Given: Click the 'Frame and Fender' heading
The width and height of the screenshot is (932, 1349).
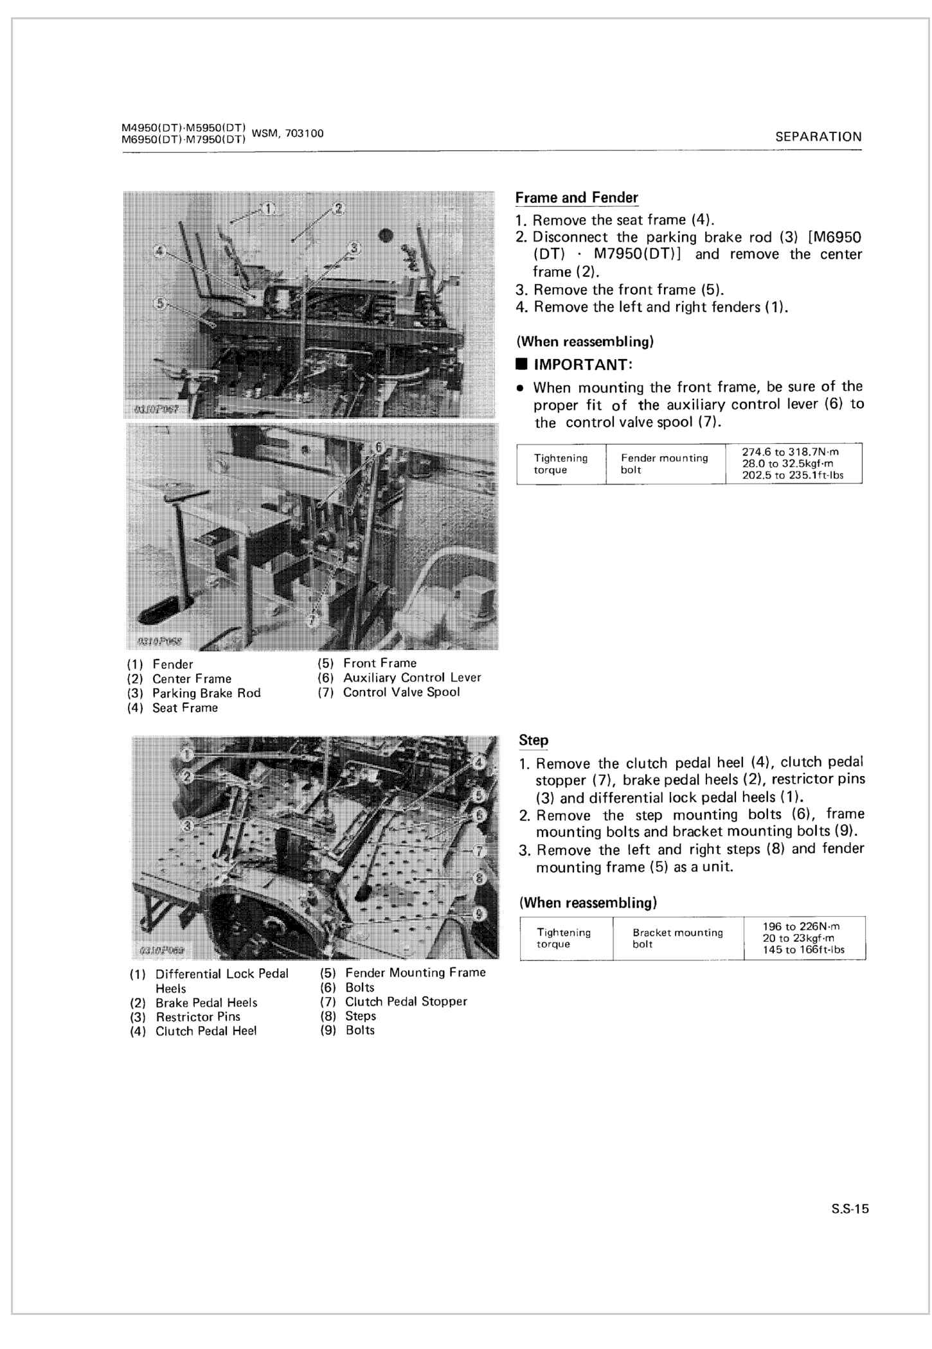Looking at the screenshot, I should (x=577, y=198).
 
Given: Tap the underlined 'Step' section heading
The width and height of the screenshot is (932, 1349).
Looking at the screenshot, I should (x=533, y=740).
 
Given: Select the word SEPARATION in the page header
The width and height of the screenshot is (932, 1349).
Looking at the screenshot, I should (x=818, y=137).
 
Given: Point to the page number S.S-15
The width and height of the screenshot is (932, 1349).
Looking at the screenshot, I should (x=849, y=1208).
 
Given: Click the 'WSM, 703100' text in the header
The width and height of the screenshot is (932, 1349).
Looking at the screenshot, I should (x=288, y=134).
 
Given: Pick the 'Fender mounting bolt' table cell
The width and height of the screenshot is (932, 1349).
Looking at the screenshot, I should (x=664, y=464).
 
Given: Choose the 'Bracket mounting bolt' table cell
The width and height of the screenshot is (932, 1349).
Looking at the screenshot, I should (x=677, y=938).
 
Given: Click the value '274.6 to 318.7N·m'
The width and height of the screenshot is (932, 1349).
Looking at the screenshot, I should (x=790, y=452).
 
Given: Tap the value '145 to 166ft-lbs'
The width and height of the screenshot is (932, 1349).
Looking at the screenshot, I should (x=803, y=949).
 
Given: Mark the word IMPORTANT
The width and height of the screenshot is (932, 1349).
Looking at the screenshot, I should (x=582, y=365).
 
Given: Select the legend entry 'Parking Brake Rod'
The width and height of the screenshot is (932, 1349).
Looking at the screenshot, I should (x=206, y=693).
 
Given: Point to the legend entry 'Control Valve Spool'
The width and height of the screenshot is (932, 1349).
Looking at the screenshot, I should (x=401, y=692).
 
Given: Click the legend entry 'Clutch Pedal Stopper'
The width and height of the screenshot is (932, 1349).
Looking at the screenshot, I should (x=406, y=1001).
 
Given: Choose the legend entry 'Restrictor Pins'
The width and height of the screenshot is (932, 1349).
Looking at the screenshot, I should (x=198, y=1017).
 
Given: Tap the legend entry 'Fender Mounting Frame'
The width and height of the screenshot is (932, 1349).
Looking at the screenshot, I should (x=415, y=973).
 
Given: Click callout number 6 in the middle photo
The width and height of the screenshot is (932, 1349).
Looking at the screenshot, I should (x=379, y=447).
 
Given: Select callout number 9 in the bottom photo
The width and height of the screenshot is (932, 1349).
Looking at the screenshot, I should (x=478, y=913).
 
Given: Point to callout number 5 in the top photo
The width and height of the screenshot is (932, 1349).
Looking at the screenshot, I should (x=161, y=302).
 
